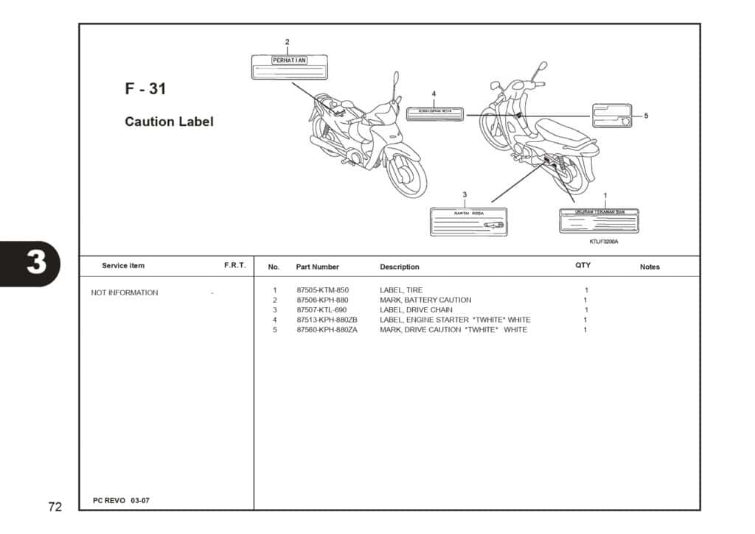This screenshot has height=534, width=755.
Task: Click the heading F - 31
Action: (x=145, y=89)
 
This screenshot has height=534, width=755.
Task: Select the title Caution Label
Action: (x=169, y=122)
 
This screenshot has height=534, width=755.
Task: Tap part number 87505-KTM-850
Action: (x=322, y=290)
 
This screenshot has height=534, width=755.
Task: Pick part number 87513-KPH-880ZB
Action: (x=327, y=320)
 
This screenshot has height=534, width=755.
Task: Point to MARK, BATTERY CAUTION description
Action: (x=425, y=300)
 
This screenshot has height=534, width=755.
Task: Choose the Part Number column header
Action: (x=317, y=267)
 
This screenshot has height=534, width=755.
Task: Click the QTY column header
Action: (x=582, y=265)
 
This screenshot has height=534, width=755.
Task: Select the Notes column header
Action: (x=650, y=267)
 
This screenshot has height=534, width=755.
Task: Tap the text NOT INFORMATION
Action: (x=124, y=292)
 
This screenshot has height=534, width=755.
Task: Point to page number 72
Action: (x=55, y=507)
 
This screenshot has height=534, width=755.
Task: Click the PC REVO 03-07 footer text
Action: (x=121, y=501)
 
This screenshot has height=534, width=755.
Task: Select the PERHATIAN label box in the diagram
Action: (x=279, y=66)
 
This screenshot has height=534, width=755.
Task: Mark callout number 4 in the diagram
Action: (x=434, y=94)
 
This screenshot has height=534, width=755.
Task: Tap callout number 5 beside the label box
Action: (x=646, y=116)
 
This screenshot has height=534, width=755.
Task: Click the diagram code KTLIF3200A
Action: (x=604, y=242)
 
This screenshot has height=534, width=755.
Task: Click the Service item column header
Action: (x=123, y=265)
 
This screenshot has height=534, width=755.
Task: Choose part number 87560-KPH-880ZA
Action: (x=327, y=330)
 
